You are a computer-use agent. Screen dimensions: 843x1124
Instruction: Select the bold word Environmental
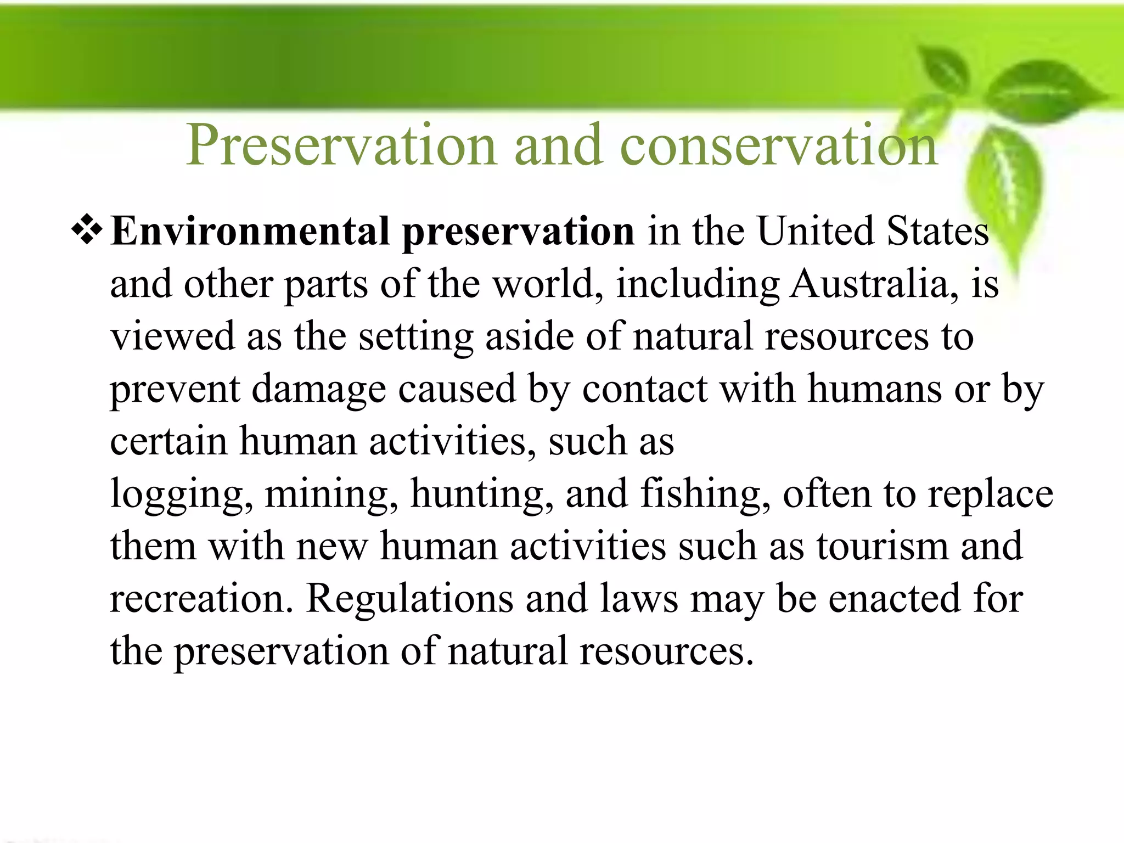point(250,231)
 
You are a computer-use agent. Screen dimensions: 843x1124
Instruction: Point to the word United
point(816,231)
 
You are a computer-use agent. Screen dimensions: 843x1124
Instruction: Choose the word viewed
point(172,336)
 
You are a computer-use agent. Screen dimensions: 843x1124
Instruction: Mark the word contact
point(644,389)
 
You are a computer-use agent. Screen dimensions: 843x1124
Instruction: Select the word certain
point(168,441)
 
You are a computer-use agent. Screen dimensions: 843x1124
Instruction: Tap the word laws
point(639,598)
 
